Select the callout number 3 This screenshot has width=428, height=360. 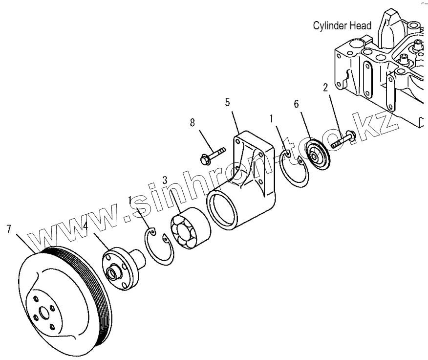coord(165,180)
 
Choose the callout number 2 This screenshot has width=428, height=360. coord(324,87)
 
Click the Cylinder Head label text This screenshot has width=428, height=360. coord(342,26)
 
